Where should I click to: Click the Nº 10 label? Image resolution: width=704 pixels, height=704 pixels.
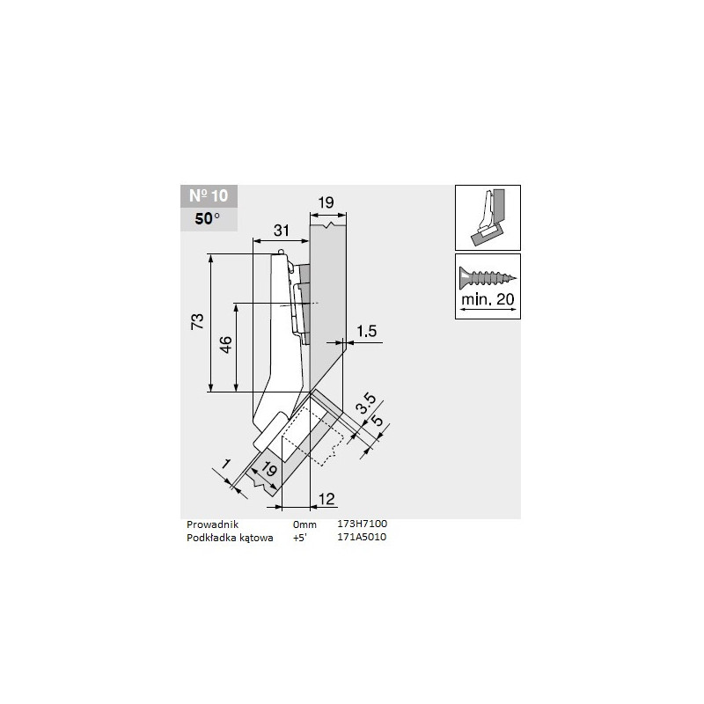(x=208, y=196)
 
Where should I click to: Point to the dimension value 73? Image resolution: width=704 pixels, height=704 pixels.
(x=199, y=322)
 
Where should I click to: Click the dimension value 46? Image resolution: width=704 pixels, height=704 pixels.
(x=225, y=345)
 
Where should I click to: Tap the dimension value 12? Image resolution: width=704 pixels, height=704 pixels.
(x=326, y=500)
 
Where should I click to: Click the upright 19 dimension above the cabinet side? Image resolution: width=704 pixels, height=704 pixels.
(x=326, y=202)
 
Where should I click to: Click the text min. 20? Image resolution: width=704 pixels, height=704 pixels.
(x=488, y=300)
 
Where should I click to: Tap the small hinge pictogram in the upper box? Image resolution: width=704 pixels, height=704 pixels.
(x=487, y=217)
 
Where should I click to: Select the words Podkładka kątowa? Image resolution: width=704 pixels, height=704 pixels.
(x=231, y=536)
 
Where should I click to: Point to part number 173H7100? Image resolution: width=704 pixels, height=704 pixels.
(x=363, y=524)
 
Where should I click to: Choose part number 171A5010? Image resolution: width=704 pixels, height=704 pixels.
(x=363, y=536)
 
